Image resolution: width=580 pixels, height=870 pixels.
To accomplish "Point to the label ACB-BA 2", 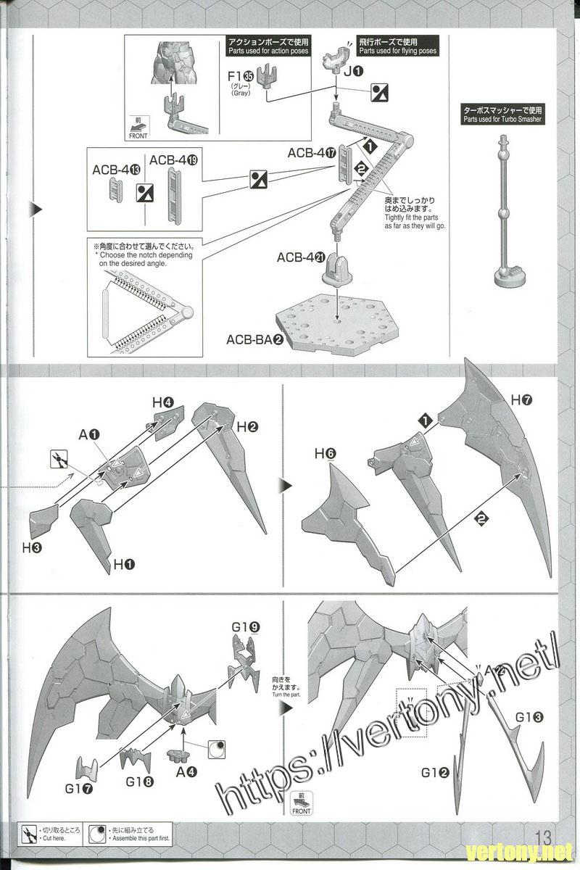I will [254, 339].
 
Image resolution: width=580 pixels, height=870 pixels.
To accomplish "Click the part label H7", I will [522, 399].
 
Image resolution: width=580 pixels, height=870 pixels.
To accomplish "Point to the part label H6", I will [325, 455].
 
